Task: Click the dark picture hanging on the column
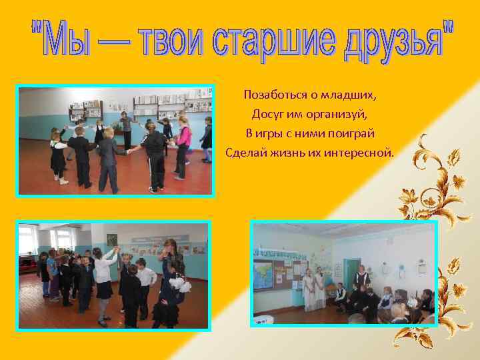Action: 112,239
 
